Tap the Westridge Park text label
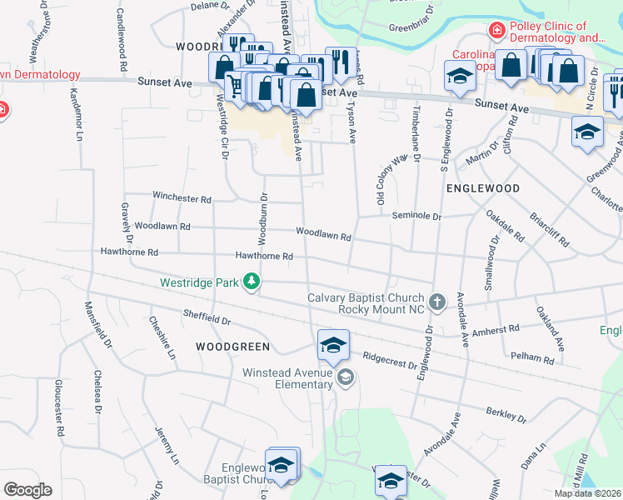point(200,283)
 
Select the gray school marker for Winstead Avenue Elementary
point(346,378)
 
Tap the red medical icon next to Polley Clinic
point(497,31)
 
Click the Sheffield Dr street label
point(207,317)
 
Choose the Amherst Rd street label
point(496,331)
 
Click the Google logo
point(28,489)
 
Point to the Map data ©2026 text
point(587,493)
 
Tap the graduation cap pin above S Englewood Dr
point(458,77)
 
